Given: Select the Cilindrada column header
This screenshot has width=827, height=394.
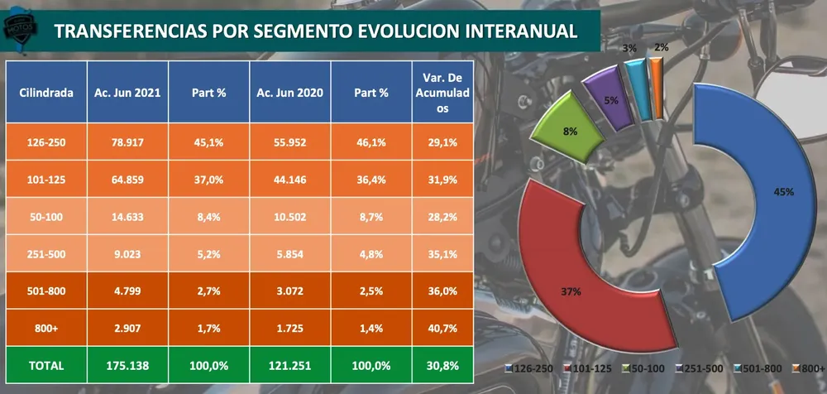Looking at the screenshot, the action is point(45,93).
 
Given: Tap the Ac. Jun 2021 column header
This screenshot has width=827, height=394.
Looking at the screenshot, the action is point(127,93).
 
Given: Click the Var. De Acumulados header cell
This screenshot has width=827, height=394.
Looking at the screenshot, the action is point(442,93).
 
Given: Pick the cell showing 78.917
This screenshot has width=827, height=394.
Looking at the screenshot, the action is point(127,142).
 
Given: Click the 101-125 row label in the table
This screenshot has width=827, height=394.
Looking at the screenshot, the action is point(45,179).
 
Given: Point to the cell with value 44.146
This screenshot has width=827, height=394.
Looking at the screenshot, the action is point(290,179).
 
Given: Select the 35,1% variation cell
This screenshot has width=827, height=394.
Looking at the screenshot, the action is point(442,253).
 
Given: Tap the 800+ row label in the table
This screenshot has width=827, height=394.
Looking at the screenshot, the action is point(45,328).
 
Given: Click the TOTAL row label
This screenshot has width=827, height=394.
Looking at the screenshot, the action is point(45,366).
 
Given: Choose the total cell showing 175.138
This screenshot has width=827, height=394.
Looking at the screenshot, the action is point(127,366).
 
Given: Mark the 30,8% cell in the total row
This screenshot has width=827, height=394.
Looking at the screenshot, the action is point(442,366).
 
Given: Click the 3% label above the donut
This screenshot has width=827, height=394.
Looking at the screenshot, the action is point(629,48).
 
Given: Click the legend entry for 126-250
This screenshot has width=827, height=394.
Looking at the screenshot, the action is point(528,368).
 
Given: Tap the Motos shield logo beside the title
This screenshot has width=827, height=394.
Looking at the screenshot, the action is point(20,28).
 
